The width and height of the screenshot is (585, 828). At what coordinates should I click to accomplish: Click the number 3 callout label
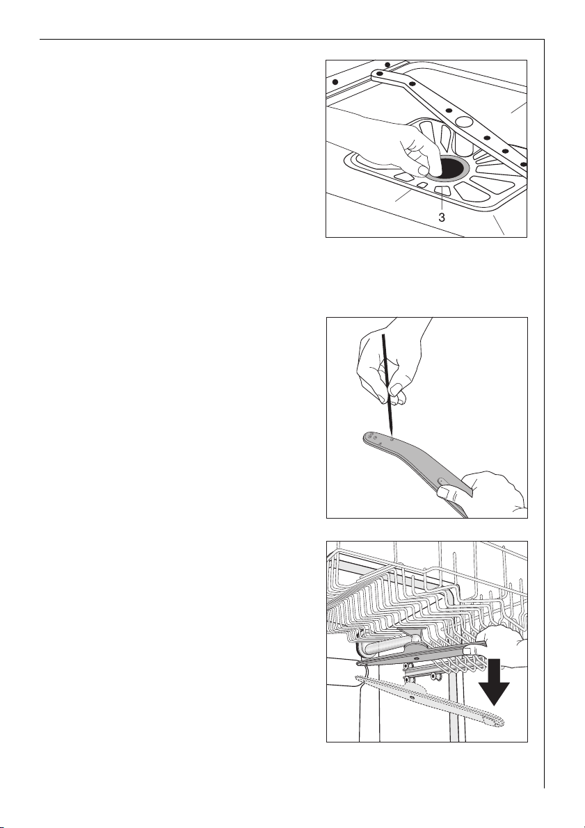point(441,217)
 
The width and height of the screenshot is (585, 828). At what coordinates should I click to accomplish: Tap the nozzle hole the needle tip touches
point(391,437)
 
